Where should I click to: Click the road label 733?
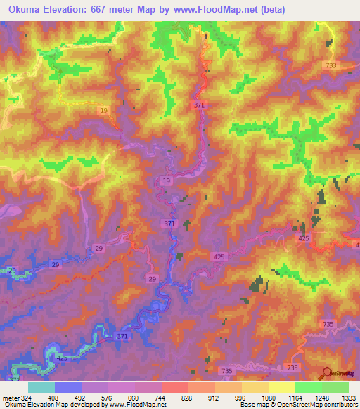click(x=331, y=65)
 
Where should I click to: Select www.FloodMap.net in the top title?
click(x=219, y=10)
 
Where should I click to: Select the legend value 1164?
click(x=295, y=397)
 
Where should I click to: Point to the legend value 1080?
click(x=268, y=397)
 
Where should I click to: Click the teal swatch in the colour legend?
click(x=41, y=387)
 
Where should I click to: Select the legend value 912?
click(x=214, y=397)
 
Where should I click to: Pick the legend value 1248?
click(x=321, y=397)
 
